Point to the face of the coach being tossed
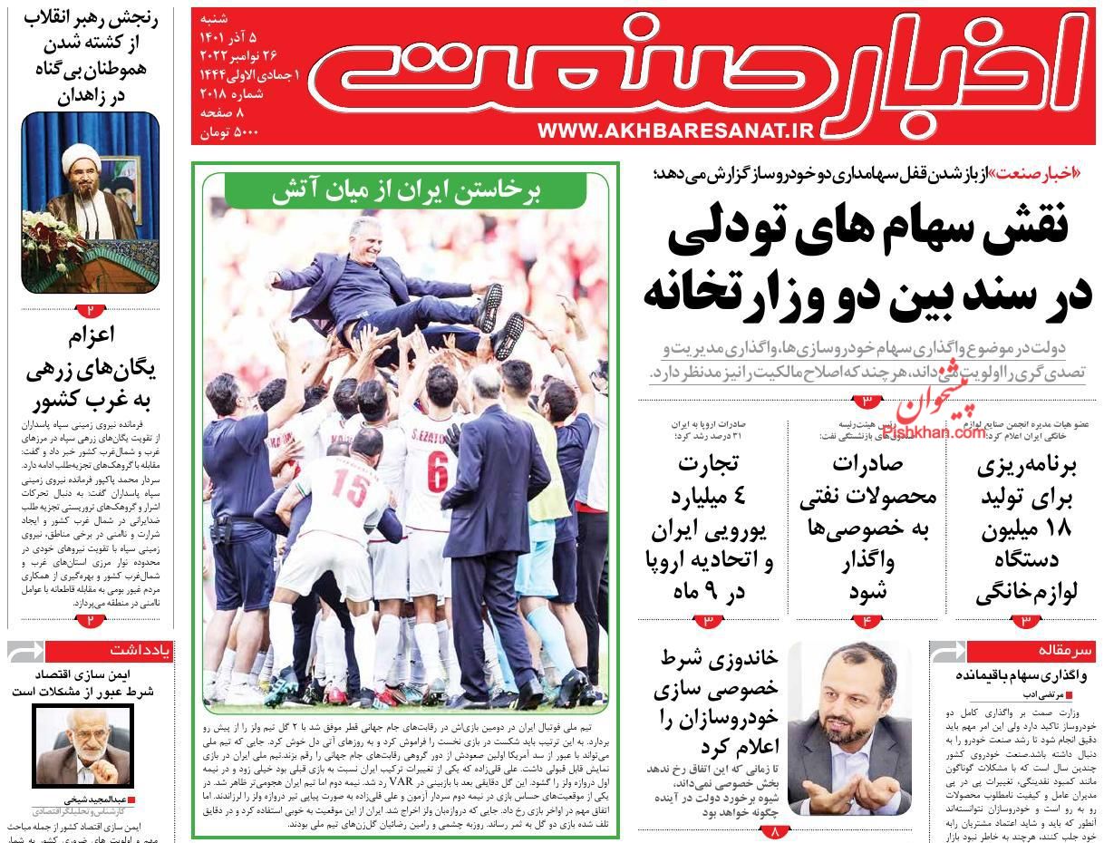[x=373, y=235]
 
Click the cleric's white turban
[x=81, y=162]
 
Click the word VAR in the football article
[x=402, y=778]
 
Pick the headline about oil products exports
[x=868, y=527]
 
